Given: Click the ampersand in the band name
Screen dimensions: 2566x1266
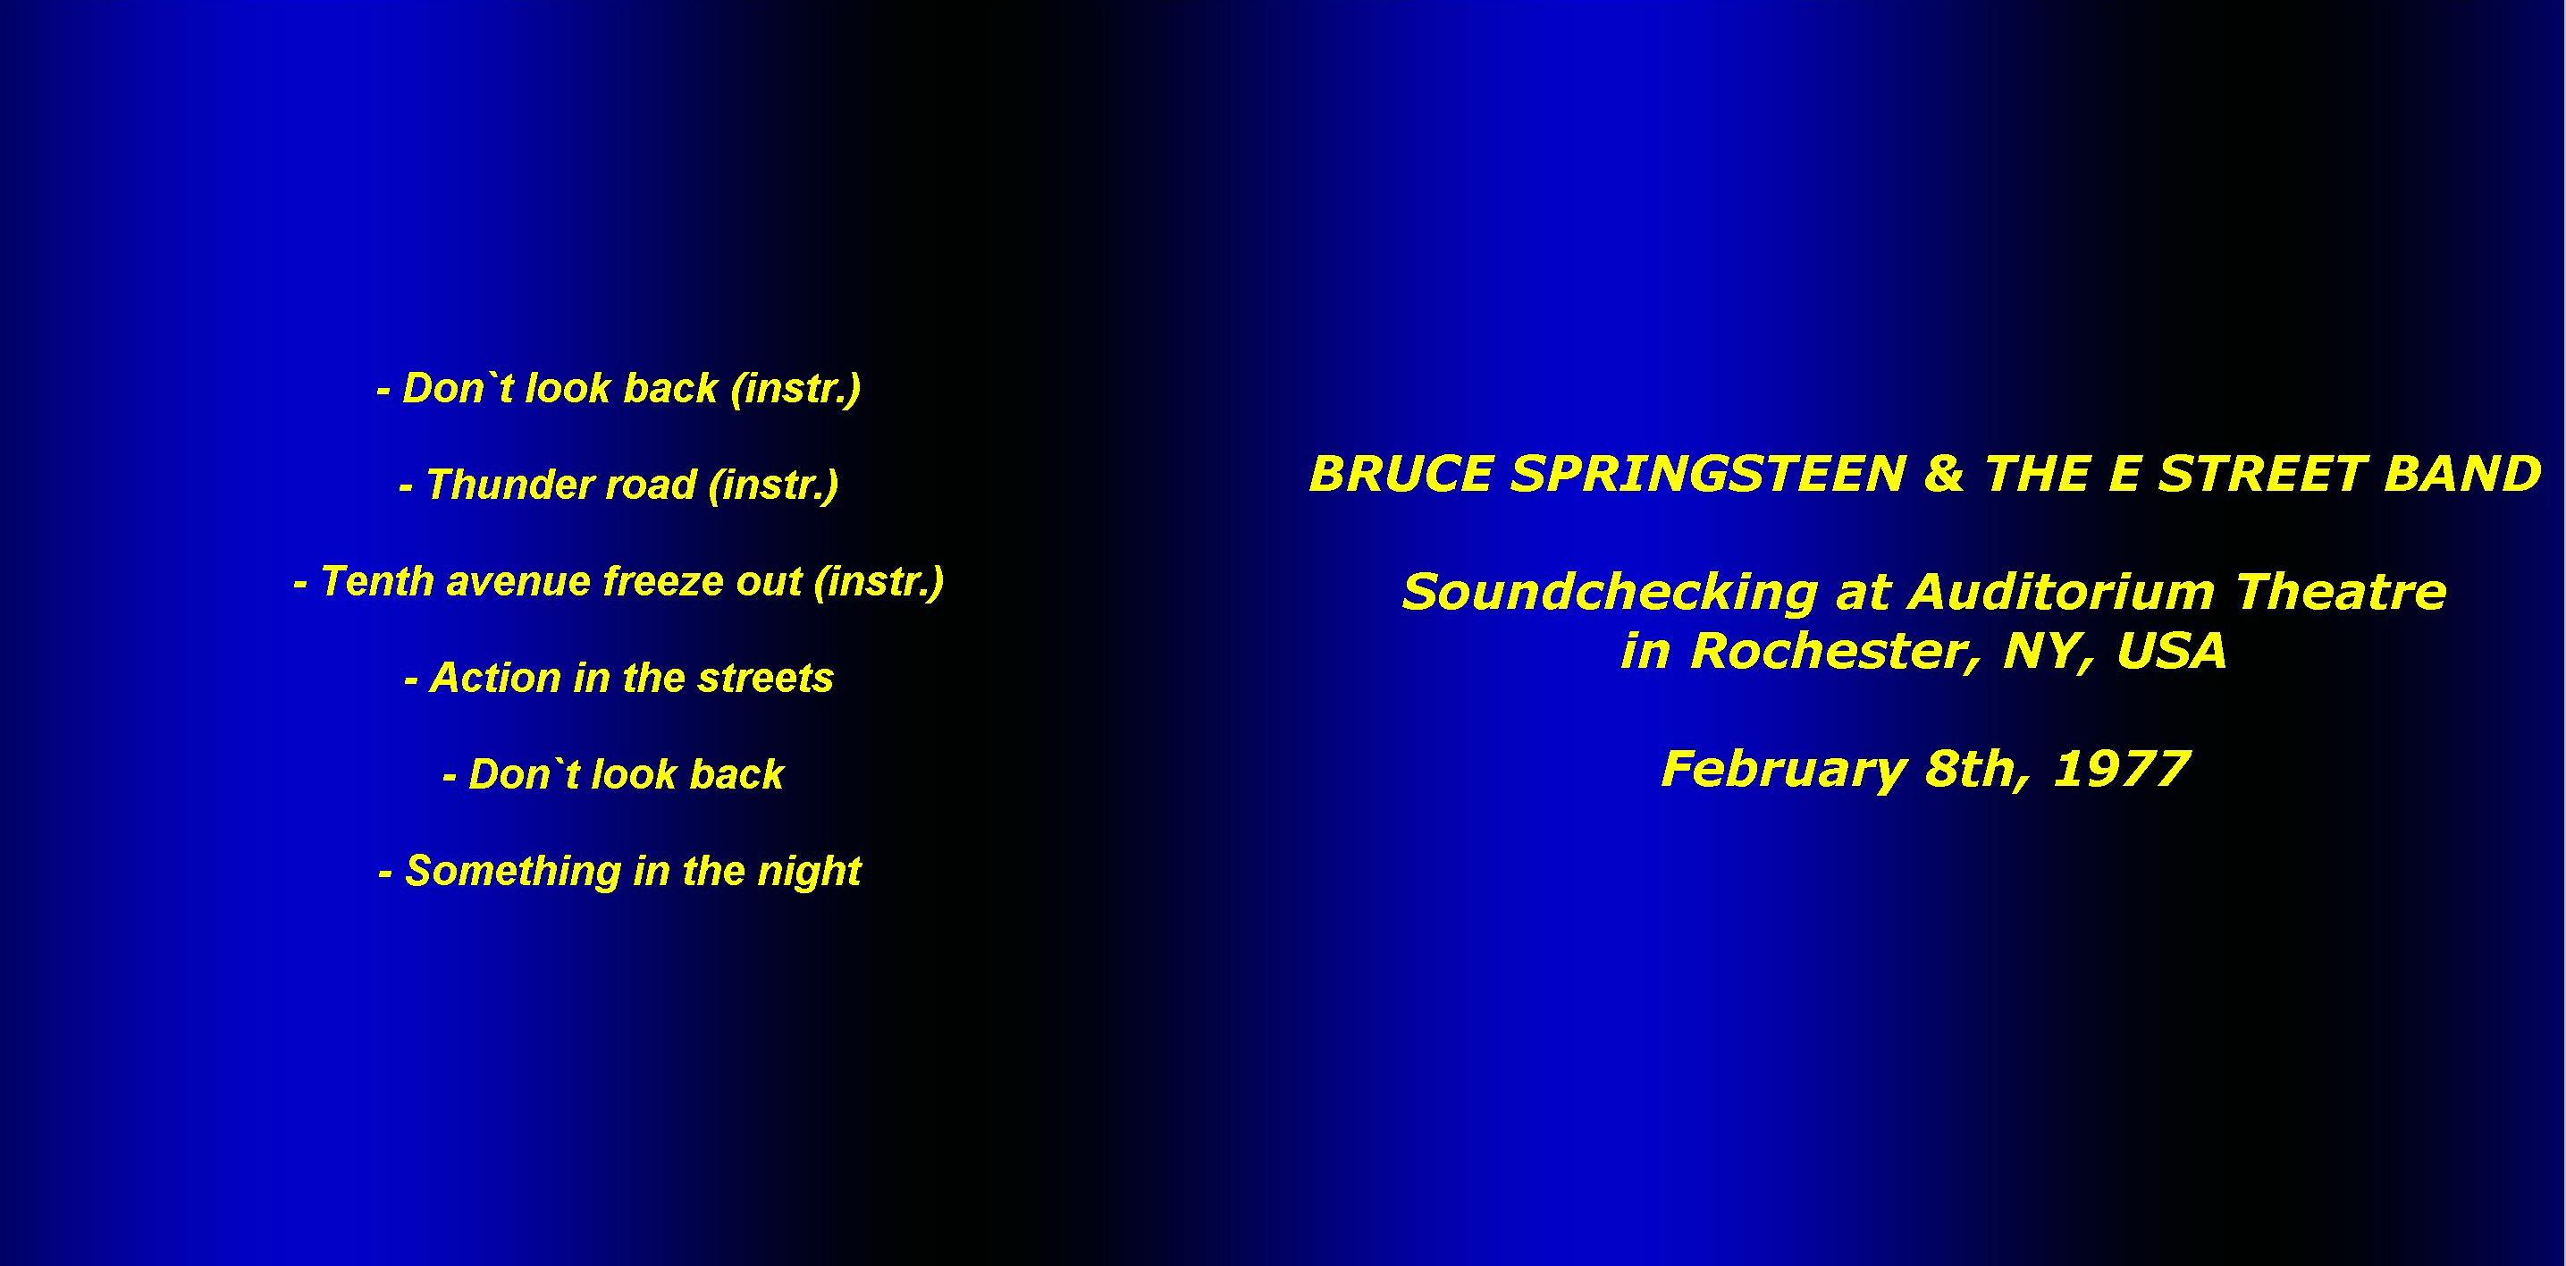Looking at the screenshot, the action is [1943, 474].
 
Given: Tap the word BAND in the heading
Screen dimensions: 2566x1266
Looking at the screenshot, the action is [2461, 474].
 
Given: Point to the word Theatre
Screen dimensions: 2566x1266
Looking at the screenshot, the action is [2341, 593].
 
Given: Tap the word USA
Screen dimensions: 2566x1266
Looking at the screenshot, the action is [2172, 653].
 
